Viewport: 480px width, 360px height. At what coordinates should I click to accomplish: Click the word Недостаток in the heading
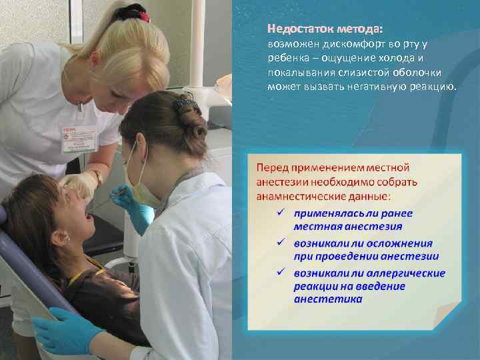coord(300,29)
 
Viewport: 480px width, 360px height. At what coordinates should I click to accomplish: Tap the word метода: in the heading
coord(360,29)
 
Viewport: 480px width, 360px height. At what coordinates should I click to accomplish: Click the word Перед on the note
coord(273,167)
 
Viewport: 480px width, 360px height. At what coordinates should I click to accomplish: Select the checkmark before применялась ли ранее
coord(282,213)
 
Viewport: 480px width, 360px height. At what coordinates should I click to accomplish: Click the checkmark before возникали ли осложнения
coord(282,243)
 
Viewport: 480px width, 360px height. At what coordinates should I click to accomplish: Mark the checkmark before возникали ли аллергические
coord(282,273)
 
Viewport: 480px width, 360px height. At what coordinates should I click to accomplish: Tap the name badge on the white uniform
coord(78,138)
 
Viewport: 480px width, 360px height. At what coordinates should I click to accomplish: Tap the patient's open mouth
coord(87,215)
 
